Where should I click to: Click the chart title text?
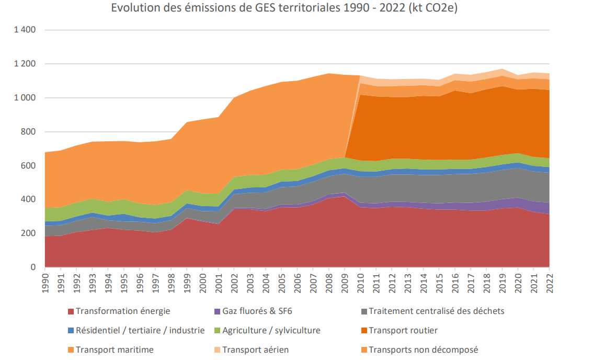point(284,9)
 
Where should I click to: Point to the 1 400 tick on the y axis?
point(25,30)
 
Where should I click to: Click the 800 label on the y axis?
point(29,132)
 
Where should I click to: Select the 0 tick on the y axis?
point(33,267)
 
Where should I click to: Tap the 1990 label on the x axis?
point(45,282)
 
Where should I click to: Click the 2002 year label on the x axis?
point(234,282)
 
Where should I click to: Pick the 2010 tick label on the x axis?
point(360,282)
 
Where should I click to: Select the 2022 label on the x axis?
point(549,282)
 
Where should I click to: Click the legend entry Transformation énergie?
point(123,311)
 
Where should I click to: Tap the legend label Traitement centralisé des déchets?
point(437,311)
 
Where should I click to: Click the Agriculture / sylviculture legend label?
point(271,331)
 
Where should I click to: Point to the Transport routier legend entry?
point(403,331)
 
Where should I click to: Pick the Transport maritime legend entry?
point(115,350)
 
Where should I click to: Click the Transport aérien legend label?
point(256,350)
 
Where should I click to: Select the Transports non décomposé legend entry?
point(424,350)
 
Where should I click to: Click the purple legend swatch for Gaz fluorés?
point(216,311)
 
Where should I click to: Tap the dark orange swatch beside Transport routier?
point(363,331)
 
